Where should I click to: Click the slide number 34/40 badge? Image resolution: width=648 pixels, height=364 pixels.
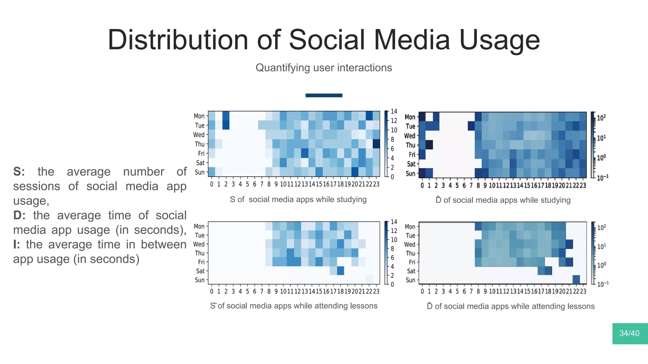click(630, 333)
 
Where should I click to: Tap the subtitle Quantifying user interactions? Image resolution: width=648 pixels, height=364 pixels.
click(324, 68)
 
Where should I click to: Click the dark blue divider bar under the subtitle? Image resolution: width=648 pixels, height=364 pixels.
click(324, 95)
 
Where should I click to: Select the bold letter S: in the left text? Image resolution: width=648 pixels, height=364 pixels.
click(19, 172)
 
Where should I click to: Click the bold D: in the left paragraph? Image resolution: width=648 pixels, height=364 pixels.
click(19, 215)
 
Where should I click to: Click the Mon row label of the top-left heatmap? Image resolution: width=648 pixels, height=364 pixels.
click(199, 116)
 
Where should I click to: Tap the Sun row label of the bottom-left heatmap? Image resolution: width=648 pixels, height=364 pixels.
click(199, 280)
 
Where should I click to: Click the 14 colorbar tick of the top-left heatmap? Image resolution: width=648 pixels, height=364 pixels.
click(394, 111)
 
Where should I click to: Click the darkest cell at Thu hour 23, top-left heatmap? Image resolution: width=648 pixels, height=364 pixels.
click(376, 144)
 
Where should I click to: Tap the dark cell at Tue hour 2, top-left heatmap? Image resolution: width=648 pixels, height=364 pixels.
click(226, 125)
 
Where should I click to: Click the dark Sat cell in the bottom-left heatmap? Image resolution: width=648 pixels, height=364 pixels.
click(340, 271)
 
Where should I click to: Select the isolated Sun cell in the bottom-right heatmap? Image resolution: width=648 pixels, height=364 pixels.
click(576, 280)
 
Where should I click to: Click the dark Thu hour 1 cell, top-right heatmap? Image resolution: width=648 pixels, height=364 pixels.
click(429, 145)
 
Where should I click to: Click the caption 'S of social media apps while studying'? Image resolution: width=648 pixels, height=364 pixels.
click(298, 199)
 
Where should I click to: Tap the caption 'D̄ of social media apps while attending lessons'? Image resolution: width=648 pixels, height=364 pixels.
click(510, 306)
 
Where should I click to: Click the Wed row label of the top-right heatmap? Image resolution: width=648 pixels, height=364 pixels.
click(409, 136)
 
